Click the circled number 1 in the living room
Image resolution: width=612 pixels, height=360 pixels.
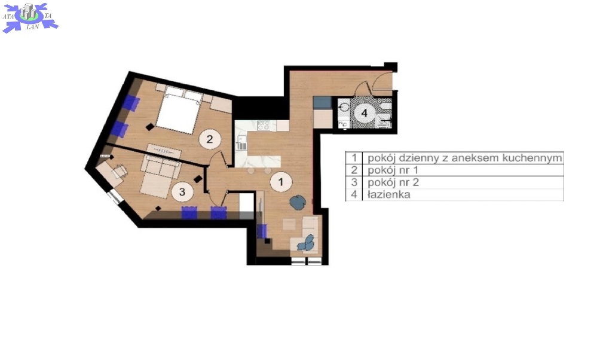281,182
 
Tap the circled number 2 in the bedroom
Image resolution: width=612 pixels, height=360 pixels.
210,139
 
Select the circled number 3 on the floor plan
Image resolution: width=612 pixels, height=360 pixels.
182,192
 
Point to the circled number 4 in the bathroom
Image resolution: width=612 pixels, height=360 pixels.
364,113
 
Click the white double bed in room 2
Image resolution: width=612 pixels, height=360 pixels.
178,111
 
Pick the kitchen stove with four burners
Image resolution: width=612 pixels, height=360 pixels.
264,126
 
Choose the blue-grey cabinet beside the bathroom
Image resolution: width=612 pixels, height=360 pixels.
322,103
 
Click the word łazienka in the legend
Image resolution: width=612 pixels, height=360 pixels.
388,194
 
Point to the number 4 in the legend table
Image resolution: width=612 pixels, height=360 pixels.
354,194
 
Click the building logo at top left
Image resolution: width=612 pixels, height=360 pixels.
30,17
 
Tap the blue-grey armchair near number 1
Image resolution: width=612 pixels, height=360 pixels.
298,202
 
